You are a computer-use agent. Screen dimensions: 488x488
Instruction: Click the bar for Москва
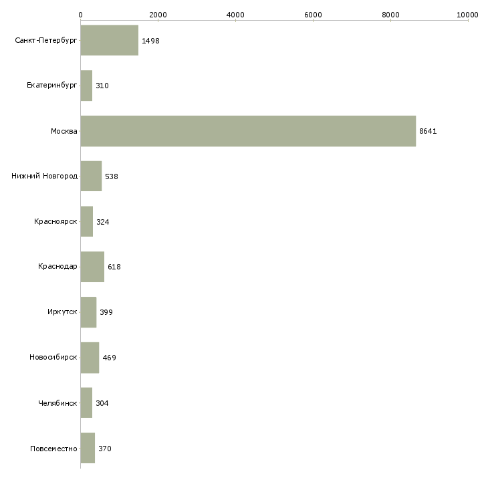point(248,131)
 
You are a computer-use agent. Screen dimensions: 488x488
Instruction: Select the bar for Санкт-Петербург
point(110,40)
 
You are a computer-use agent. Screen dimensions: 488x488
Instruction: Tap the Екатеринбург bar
point(86,86)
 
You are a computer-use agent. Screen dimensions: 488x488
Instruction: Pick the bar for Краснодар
point(92,267)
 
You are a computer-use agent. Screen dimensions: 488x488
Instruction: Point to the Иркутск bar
point(88,312)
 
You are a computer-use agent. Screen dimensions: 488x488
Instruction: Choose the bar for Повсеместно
point(88,448)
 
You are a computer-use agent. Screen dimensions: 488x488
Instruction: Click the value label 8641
point(428,131)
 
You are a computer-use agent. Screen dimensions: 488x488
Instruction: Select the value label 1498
point(150,41)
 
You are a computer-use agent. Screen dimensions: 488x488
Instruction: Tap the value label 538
point(112,176)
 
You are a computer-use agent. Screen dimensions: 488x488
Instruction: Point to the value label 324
point(103,222)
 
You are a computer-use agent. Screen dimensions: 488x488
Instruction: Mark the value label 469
point(109,358)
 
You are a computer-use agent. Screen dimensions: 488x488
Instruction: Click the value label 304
point(102,403)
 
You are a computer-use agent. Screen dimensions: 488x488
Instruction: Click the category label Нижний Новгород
point(45,176)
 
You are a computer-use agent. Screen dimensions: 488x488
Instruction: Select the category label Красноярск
point(55,221)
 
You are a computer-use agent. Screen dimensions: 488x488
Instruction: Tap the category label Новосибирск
point(53,357)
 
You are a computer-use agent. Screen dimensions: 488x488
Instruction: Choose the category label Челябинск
point(57,403)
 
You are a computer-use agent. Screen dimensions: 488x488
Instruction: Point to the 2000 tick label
point(158,15)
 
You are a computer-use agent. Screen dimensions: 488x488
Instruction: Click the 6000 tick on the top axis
point(313,20)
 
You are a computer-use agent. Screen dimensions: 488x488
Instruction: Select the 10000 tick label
point(467,15)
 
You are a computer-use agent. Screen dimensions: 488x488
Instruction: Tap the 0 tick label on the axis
point(81,15)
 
